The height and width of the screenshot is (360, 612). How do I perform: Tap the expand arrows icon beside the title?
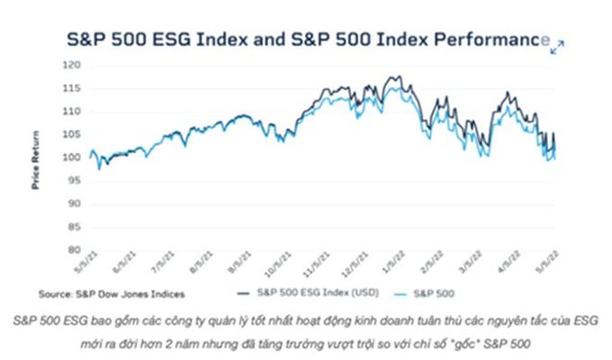[x=556, y=46]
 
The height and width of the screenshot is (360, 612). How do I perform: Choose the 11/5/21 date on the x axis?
[x=318, y=268]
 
